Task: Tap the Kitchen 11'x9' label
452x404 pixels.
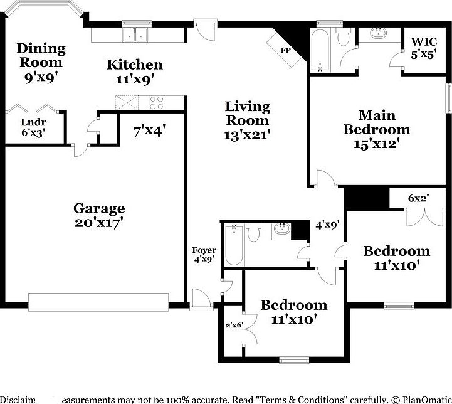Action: pos(134,71)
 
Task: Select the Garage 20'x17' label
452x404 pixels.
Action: pos(99,215)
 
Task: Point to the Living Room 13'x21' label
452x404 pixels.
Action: pos(248,120)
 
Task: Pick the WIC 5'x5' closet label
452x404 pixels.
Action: pos(423,48)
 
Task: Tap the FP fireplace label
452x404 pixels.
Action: pos(286,50)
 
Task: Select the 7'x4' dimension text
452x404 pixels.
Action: pos(150,132)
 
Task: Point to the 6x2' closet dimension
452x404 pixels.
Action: pos(418,198)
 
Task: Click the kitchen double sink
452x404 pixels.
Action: pos(135,35)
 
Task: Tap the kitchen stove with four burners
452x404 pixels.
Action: pos(156,100)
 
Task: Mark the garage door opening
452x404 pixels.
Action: pos(99,302)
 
